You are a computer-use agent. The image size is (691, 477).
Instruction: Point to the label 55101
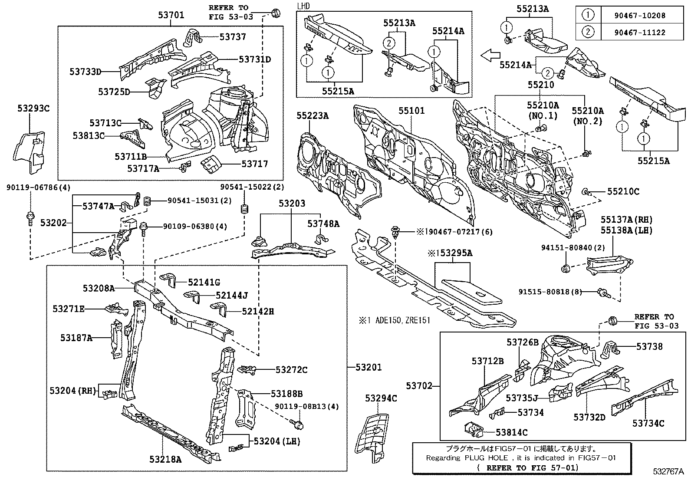tap(411, 111)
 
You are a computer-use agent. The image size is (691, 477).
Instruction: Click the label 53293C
tap(33, 109)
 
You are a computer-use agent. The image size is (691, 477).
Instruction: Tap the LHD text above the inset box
tap(303, 6)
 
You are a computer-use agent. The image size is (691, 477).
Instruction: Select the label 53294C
tap(381, 398)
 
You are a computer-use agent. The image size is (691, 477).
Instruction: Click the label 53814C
tap(512, 432)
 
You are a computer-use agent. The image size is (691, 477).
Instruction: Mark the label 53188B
tap(286, 394)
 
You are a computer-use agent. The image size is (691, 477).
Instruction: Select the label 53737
tap(233, 37)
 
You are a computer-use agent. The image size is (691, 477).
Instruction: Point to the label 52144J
tap(232, 296)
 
